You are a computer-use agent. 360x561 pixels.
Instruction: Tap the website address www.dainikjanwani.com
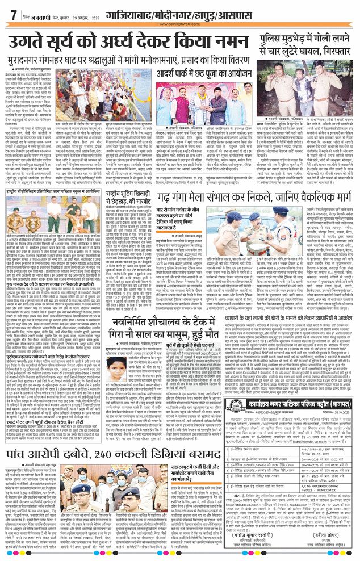pos(179,24)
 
